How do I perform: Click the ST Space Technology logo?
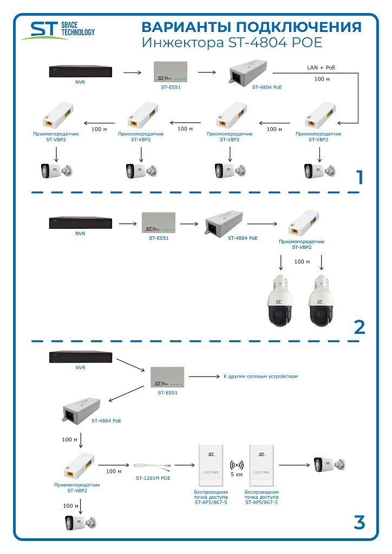[57, 30]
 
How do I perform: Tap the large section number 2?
[359, 327]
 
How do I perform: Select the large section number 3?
[359, 523]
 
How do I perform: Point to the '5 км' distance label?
[236, 474]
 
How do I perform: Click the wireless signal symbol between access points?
[236, 465]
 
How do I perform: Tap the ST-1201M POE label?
[153, 478]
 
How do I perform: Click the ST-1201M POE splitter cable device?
[153, 465]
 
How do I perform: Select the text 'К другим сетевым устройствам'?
[260, 376]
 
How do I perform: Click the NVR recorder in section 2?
[80, 222]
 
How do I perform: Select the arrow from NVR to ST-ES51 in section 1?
[132, 71]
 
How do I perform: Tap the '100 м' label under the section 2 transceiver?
[302, 262]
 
